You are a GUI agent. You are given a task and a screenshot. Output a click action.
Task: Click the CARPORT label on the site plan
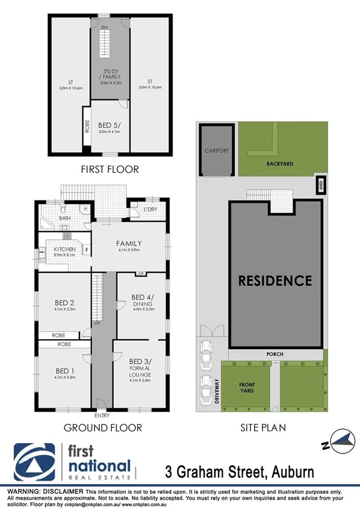pos(216,151)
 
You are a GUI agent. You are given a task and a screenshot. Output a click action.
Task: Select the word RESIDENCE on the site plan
pos(275,280)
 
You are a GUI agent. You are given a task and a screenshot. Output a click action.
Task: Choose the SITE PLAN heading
pos(260,428)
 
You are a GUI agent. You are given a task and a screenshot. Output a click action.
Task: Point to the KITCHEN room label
pos(64,249)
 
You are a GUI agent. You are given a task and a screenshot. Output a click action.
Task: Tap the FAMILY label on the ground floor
pos(129,243)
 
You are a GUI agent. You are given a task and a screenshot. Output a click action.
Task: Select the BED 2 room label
pos(64,303)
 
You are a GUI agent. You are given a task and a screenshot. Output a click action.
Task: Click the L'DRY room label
pos(150,210)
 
